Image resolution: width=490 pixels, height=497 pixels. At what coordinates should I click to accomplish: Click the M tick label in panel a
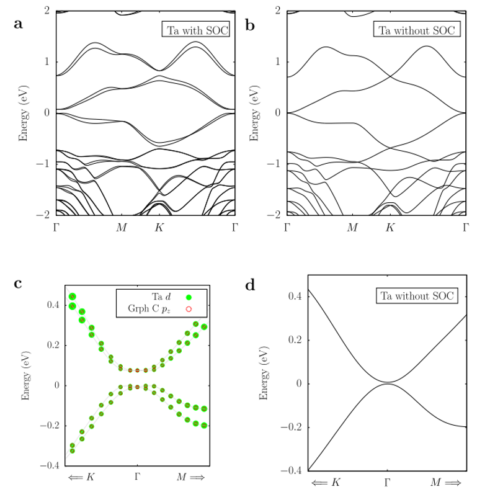pos(122,227)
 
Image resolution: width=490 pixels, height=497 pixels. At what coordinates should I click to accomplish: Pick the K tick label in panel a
pos(159,227)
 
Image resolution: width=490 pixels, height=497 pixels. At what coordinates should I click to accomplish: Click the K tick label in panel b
pos(390,227)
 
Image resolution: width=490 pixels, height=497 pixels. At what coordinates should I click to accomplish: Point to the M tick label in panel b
pos(352,227)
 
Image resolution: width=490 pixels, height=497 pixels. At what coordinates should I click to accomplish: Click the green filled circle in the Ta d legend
pos(189,297)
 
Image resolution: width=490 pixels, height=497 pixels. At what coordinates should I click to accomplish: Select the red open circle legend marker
pos(189,308)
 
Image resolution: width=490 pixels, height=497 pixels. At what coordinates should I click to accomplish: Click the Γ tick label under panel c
pos(138,477)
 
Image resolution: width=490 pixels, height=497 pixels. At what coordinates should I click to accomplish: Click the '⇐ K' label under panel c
pos(82,477)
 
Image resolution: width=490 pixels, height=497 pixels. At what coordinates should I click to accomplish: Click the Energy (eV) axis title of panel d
pos(263,372)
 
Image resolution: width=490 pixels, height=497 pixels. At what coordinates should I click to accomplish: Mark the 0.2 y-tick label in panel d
pos(293,340)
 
